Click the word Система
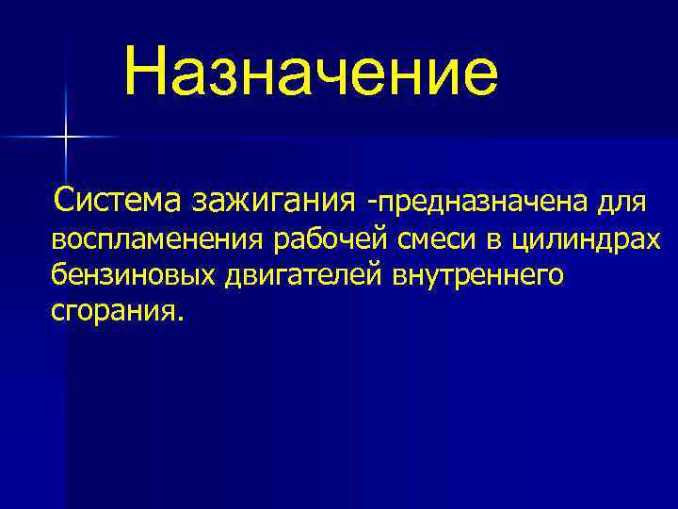tap(120, 200)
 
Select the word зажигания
tap(274, 200)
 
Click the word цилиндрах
tap(585, 239)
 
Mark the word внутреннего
tap(470, 275)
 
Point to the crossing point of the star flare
tap(66, 138)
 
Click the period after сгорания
tap(172, 318)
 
